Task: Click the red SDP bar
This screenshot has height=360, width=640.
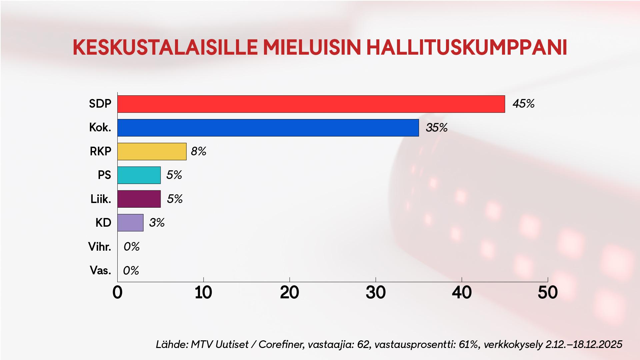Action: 311,104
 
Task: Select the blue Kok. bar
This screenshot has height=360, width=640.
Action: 268,128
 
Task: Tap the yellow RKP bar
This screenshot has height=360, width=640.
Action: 152,151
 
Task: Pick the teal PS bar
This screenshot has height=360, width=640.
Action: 139,175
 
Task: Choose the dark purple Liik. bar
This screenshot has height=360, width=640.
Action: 139,199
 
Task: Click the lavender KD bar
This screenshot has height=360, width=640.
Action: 130,223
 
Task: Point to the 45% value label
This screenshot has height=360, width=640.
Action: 523,104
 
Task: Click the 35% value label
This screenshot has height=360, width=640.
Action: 437,128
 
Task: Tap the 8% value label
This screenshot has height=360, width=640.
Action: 199,152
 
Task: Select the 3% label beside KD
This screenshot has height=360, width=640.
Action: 157,223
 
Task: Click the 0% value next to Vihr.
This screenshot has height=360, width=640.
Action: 131,247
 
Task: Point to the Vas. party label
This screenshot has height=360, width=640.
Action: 100,270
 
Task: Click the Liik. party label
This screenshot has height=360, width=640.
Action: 101,199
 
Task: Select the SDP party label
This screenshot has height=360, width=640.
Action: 100,104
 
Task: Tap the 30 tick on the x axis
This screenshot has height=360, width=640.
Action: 376,293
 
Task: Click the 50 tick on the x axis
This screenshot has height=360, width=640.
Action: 548,293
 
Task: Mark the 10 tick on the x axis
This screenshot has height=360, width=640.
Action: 203,293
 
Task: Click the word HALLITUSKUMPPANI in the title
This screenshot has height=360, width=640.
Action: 467,48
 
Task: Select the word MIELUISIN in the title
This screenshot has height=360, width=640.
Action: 312,48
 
